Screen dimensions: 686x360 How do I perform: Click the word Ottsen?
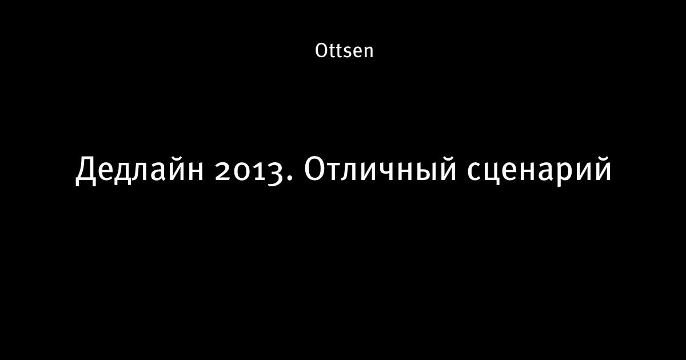click(344, 50)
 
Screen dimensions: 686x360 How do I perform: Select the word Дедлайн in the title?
click(139, 170)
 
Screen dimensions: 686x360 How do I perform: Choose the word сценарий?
click(539, 171)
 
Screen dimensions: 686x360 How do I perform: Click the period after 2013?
click(290, 178)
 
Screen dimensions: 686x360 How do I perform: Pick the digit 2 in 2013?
click(223, 171)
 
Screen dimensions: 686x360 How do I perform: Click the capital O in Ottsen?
click(321, 50)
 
